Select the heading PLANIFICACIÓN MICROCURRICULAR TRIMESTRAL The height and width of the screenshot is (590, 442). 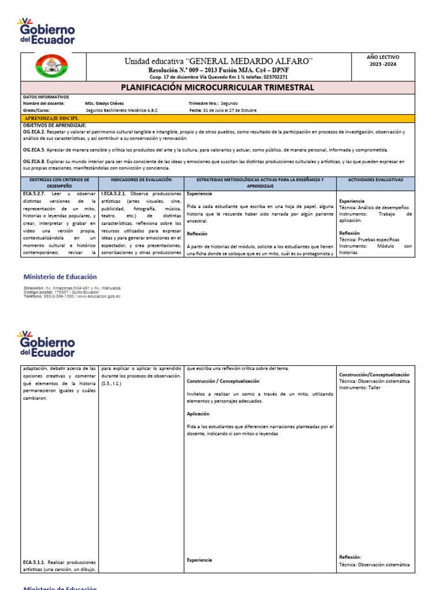pos(217,88)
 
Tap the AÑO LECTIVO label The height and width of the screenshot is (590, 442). pos(383,58)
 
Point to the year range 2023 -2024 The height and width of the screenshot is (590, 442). pos(383,65)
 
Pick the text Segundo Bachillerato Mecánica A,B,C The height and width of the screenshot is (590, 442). pos(121,109)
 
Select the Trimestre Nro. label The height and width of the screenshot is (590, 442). pos(205,103)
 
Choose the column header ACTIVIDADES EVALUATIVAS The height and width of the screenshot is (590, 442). pos(375,180)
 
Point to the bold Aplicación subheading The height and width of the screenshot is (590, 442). pos(198,414)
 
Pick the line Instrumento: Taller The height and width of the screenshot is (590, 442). pos(360,388)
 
